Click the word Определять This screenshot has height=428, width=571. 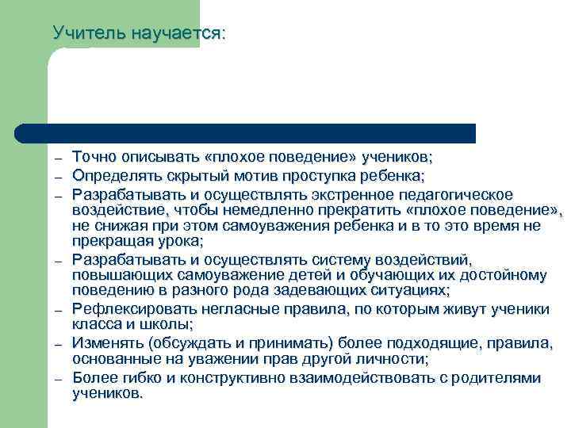(113, 175)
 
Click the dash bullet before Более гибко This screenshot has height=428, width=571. (59, 380)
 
